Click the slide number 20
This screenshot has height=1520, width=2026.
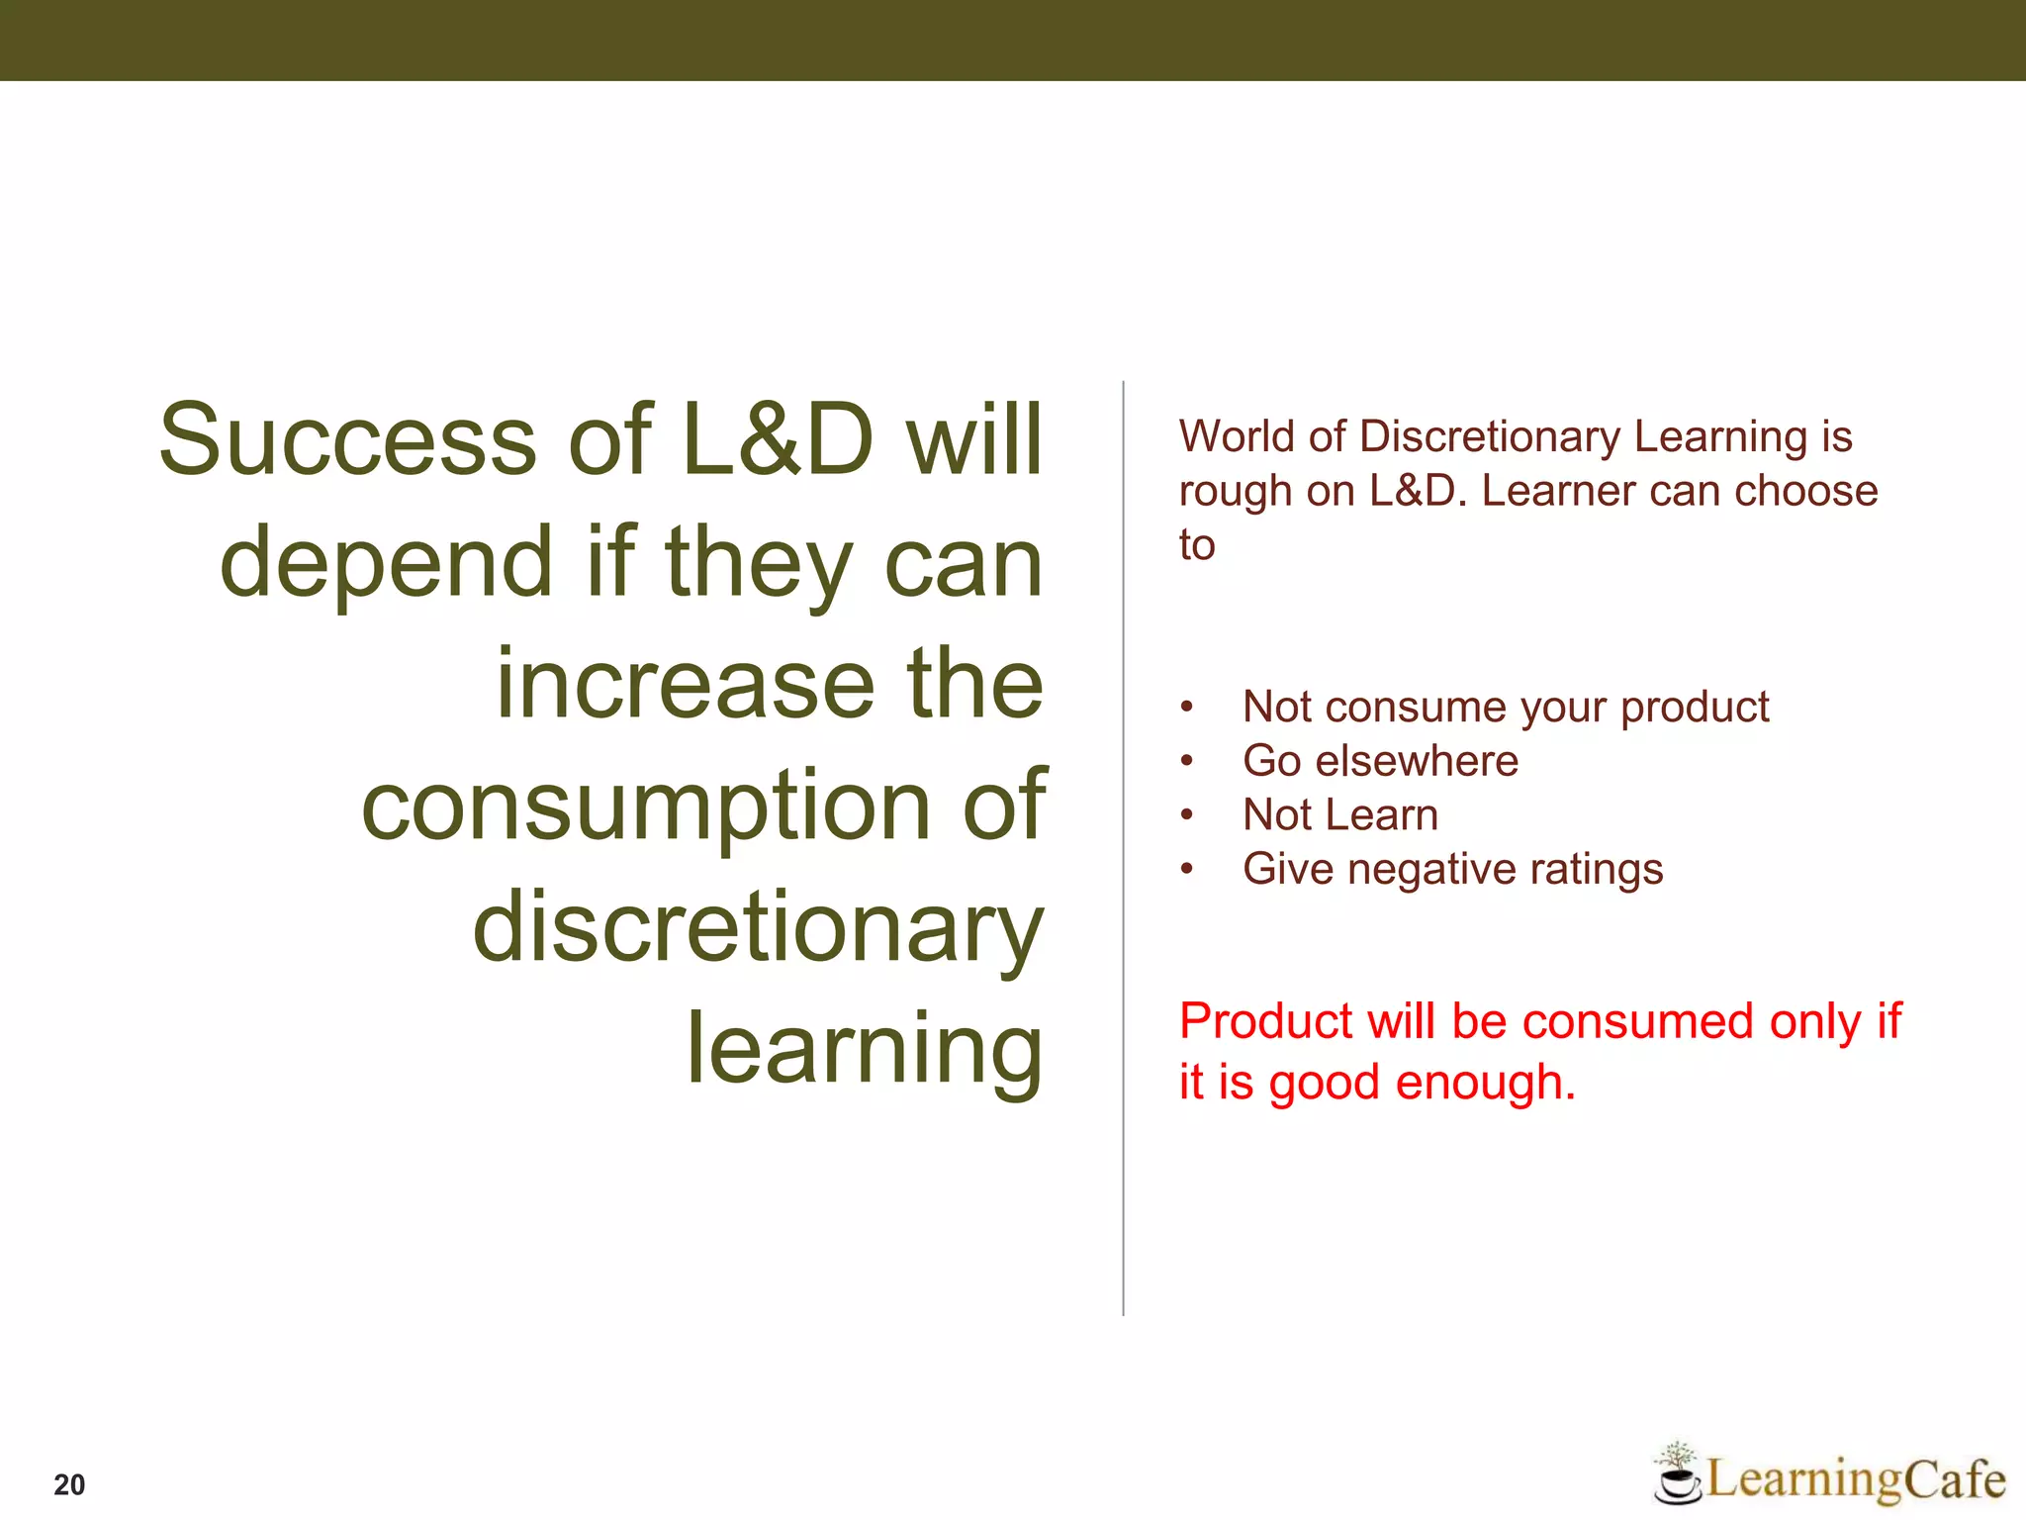click(x=69, y=1484)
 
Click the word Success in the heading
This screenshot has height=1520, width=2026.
click(x=347, y=439)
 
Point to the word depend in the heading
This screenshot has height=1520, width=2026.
click(x=385, y=563)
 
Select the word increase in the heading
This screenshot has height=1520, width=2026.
click(x=685, y=684)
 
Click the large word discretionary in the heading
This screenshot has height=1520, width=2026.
click(x=757, y=926)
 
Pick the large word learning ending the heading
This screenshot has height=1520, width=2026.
click(x=864, y=1050)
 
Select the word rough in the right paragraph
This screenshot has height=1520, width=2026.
click(x=1235, y=492)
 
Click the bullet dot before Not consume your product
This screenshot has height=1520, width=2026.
click(x=1187, y=708)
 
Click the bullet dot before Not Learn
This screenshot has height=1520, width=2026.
click(x=1187, y=815)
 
